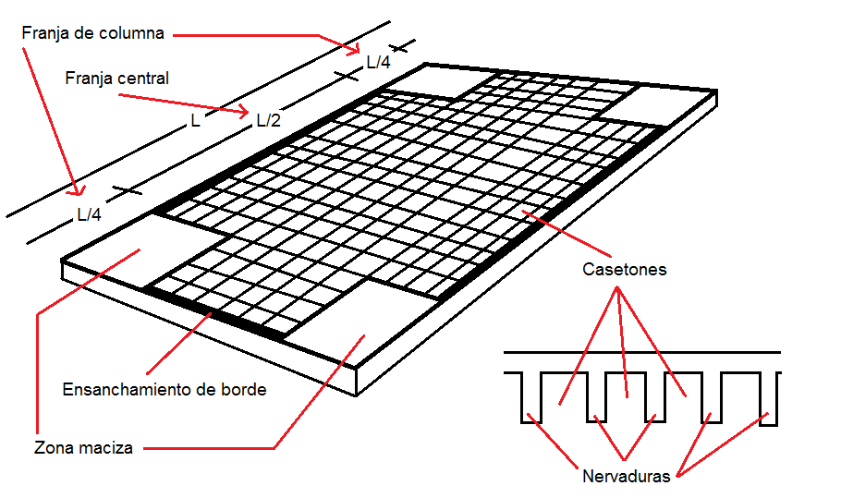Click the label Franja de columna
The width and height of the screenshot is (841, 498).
coord(92,33)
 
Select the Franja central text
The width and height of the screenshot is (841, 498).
coord(117,79)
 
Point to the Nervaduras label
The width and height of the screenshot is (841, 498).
coord(626,477)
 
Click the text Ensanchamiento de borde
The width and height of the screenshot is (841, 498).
coord(165,390)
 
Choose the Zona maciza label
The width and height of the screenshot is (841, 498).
coord(83,448)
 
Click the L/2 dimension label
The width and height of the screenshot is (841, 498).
coord(268,120)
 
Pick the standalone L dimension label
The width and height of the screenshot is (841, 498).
coord(195,121)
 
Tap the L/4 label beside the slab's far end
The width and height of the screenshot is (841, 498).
coord(378,63)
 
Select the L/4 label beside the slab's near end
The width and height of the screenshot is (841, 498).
coord(89,214)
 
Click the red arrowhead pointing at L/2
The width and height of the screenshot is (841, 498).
coord(245,115)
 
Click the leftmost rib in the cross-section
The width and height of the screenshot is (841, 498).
coord(530,396)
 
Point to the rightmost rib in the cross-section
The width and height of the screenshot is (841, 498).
coord(770,398)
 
